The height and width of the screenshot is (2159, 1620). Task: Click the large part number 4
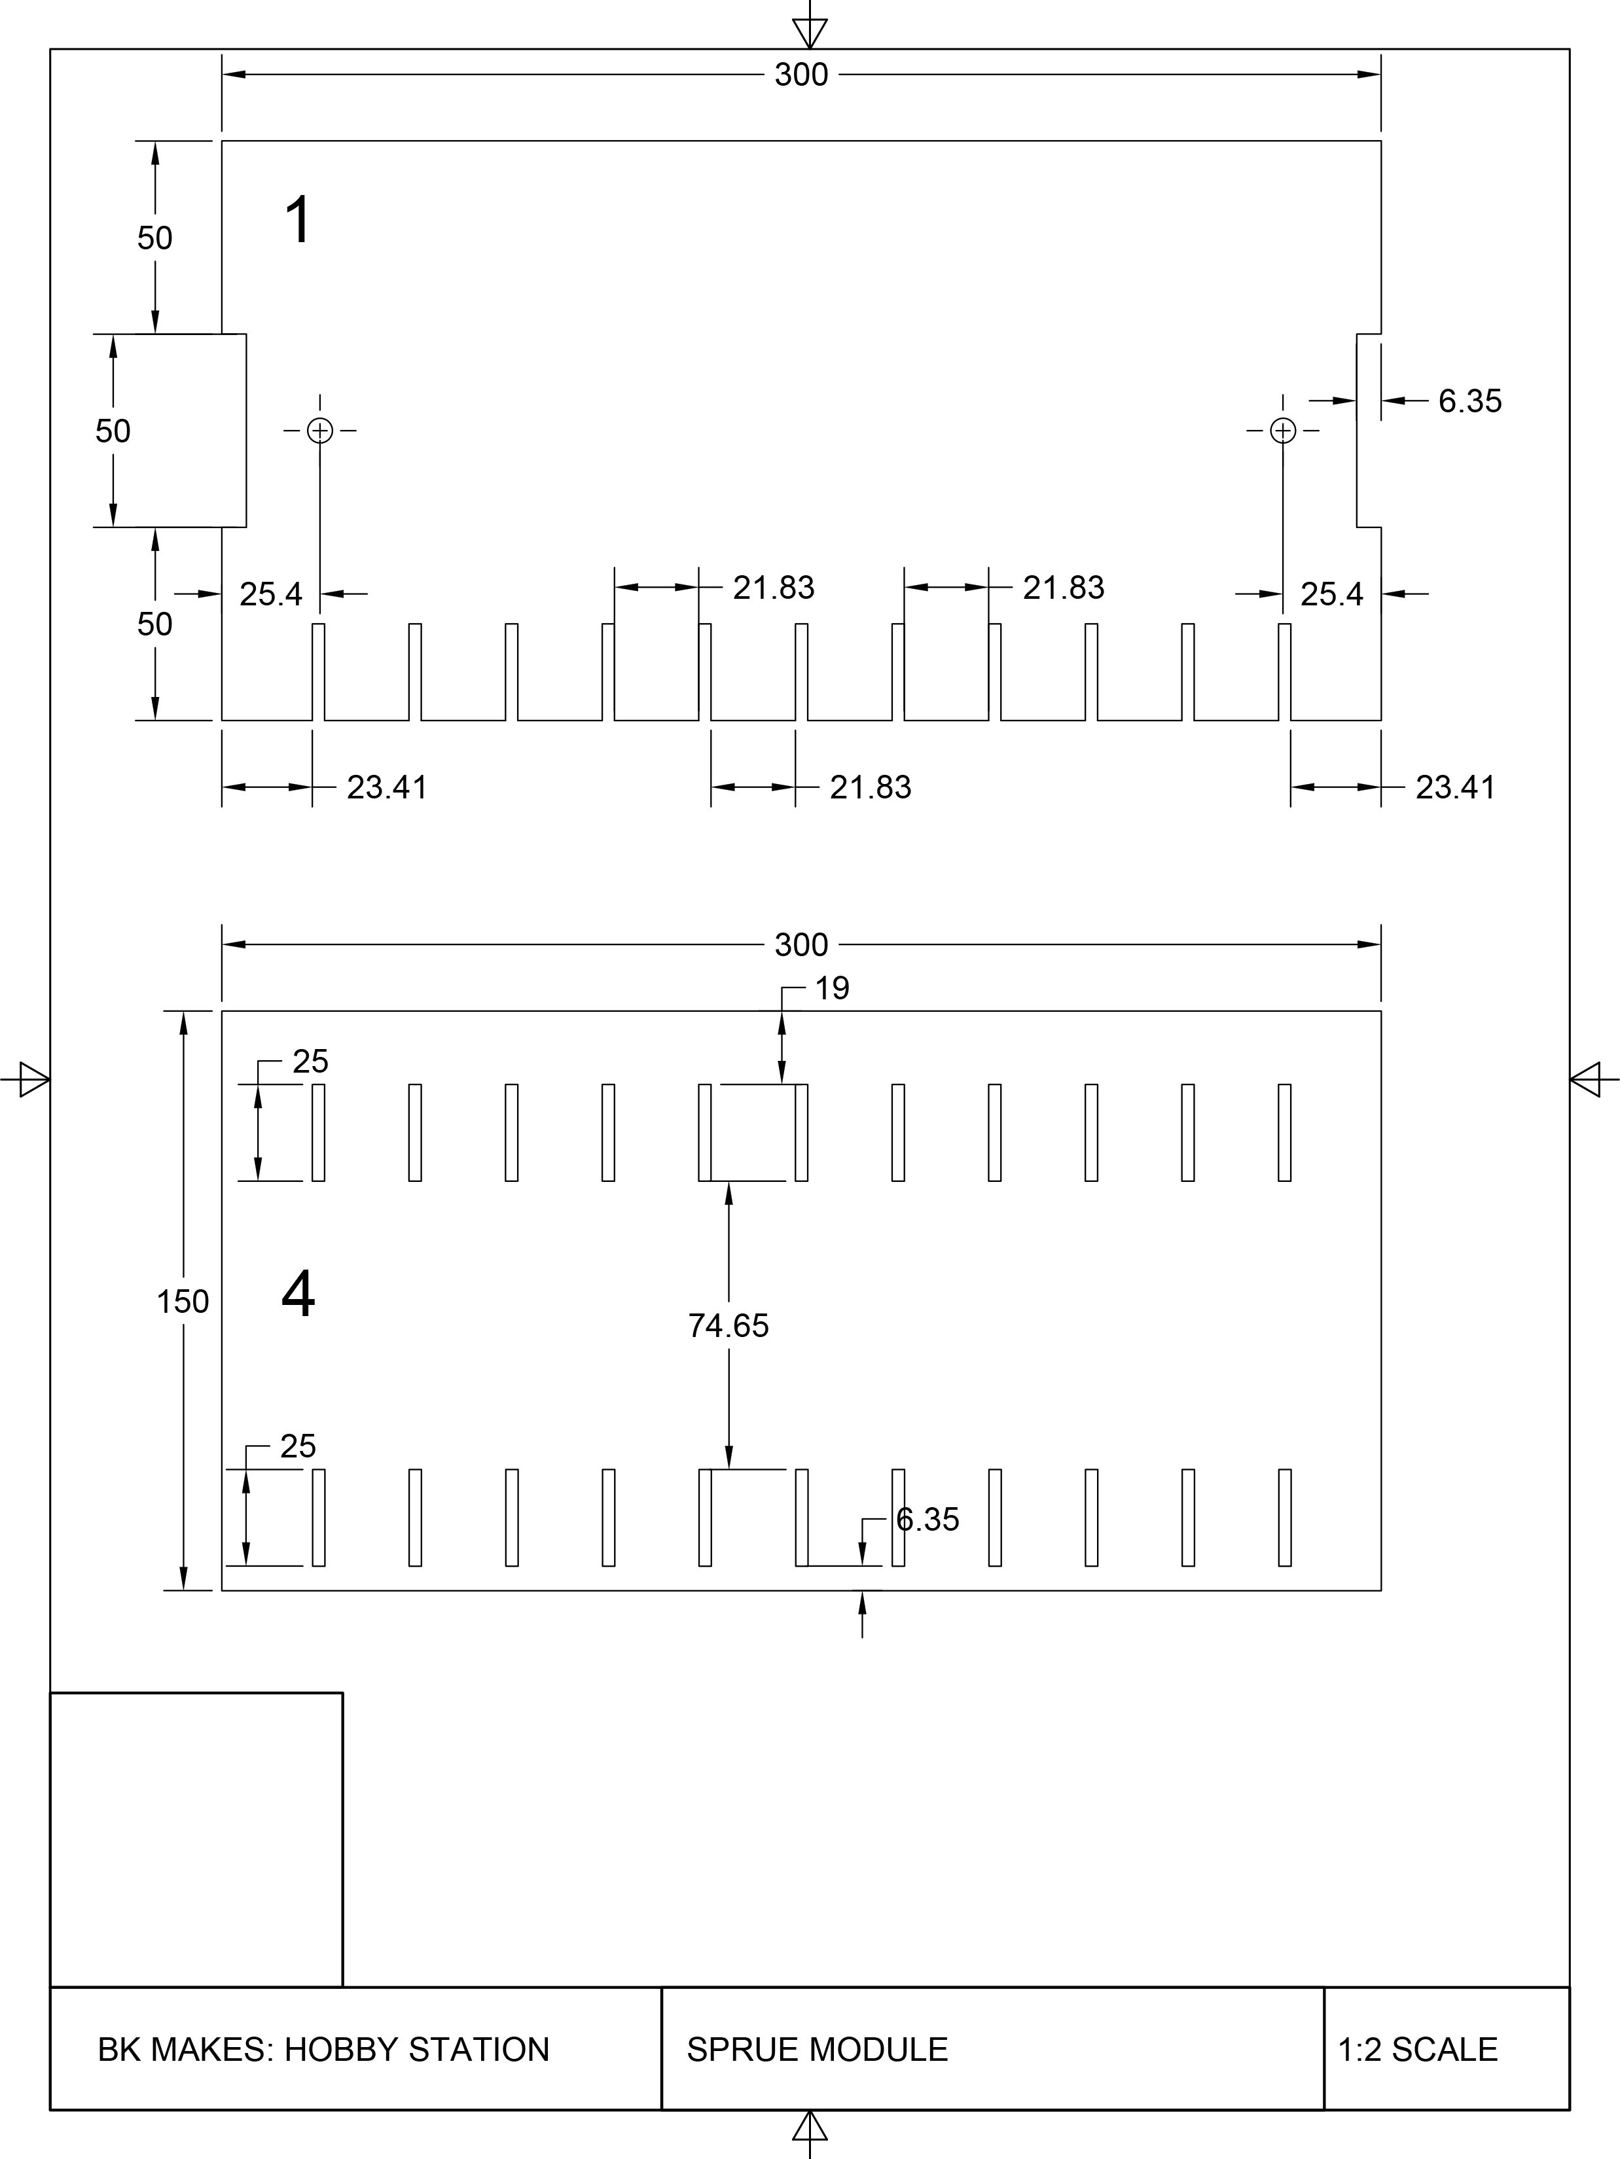[x=298, y=1295]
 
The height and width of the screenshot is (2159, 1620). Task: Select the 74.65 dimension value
[x=728, y=1325]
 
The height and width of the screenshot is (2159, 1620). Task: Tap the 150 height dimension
[x=183, y=1301]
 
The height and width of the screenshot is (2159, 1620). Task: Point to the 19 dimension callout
[x=831, y=989]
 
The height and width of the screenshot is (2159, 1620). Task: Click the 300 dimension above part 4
[x=801, y=945]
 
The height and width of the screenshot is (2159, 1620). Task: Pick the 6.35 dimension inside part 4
[x=927, y=1520]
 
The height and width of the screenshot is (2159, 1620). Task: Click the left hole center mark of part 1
[x=320, y=431]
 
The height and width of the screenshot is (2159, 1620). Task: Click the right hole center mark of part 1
[x=1284, y=431]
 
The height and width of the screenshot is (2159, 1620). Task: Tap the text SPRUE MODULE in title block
[x=817, y=2050]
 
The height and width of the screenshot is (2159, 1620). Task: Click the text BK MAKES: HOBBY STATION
[x=323, y=2050]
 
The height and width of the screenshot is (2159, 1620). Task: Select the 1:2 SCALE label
[x=1417, y=2050]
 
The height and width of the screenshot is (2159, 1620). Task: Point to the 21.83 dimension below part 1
[x=871, y=788]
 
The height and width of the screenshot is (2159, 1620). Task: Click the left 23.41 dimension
[x=386, y=788]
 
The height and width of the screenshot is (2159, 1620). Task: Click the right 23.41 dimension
[x=1455, y=788]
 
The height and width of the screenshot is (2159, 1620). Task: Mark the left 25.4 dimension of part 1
[x=270, y=594]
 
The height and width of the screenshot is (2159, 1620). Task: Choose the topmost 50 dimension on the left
[x=154, y=238]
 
